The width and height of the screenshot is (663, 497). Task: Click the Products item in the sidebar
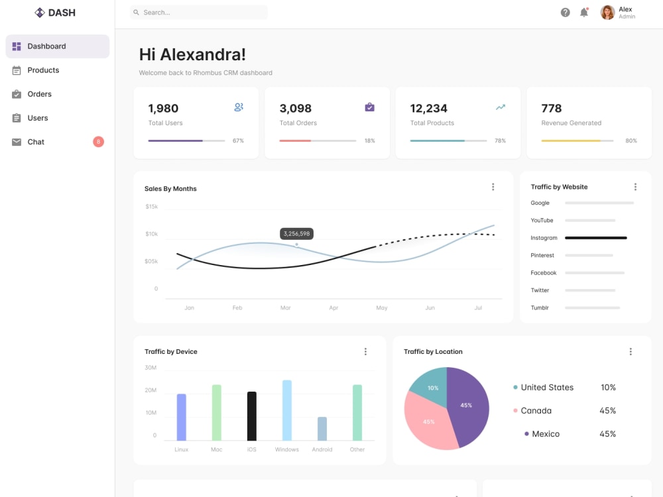(43, 70)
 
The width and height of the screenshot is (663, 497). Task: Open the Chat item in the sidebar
(36, 142)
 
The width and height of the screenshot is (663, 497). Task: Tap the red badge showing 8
(99, 142)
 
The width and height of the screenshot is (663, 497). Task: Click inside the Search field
(199, 12)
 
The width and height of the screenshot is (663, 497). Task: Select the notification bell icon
(584, 12)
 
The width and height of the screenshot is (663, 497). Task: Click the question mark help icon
(566, 12)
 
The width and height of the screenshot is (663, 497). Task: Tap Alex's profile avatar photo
(607, 12)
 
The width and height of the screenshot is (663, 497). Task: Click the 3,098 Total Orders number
(296, 109)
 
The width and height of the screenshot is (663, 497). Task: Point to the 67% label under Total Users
(238, 140)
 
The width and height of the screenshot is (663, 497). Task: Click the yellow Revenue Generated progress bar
(577, 140)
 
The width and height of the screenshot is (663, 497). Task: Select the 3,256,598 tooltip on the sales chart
(296, 234)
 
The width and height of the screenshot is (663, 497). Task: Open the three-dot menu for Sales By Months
(493, 187)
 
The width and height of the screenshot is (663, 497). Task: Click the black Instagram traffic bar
(596, 238)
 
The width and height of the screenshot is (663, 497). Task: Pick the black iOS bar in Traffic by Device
(251, 416)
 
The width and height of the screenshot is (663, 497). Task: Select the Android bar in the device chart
(322, 429)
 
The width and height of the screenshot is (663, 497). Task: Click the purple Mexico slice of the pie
(467, 406)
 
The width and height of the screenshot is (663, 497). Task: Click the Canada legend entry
(536, 411)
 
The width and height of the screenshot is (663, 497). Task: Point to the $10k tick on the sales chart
(151, 234)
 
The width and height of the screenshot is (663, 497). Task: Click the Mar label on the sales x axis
(285, 307)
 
